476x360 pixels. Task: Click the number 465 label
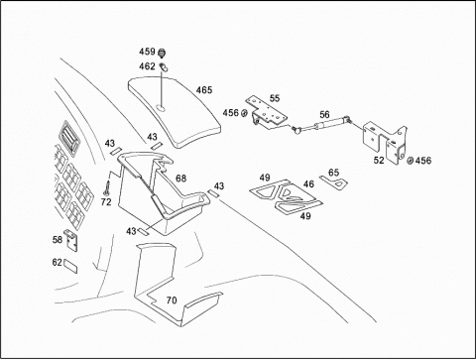(x=204, y=90)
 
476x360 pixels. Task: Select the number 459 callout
(x=147, y=52)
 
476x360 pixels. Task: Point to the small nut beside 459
(x=162, y=53)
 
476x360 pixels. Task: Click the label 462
(x=147, y=66)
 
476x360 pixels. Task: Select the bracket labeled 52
(x=386, y=143)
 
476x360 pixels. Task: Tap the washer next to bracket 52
(x=410, y=161)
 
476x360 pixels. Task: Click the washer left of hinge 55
(x=244, y=113)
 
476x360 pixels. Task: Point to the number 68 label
(x=180, y=179)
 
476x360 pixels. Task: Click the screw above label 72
(x=107, y=187)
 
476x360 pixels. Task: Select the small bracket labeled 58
(x=70, y=240)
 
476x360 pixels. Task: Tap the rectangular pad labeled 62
(x=70, y=267)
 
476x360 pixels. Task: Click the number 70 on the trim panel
(x=172, y=300)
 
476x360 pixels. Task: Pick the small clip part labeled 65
(x=333, y=182)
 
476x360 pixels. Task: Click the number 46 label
(x=308, y=184)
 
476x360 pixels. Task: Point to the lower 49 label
(x=305, y=216)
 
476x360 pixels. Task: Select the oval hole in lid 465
(x=161, y=107)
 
